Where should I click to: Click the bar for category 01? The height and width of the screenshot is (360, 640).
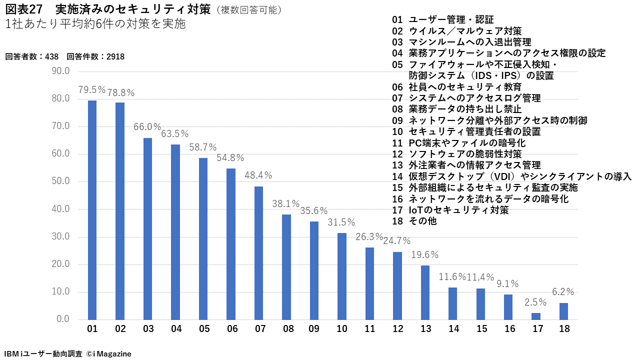(x=92, y=210)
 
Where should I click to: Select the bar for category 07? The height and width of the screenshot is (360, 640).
(x=258, y=253)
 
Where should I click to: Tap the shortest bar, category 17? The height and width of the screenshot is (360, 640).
(x=535, y=316)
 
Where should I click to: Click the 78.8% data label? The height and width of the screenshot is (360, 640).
(x=120, y=92)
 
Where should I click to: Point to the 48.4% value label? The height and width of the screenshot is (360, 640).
(x=258, y=175)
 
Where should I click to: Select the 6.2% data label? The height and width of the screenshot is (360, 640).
(x=563, y=292)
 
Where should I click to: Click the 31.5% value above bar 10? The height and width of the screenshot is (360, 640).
(x=341, y=222)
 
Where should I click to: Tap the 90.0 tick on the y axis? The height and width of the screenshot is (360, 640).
(x=61, y=71)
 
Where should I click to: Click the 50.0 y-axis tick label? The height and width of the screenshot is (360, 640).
(x=61, y=181)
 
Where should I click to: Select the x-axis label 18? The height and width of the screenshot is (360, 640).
(x=563, y=329)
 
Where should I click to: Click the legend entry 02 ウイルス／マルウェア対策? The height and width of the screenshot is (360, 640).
(x=457, y=31)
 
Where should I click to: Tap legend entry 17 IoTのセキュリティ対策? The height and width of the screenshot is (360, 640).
(x=450, y=210)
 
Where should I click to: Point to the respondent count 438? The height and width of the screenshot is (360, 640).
(x=52, y=56)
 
